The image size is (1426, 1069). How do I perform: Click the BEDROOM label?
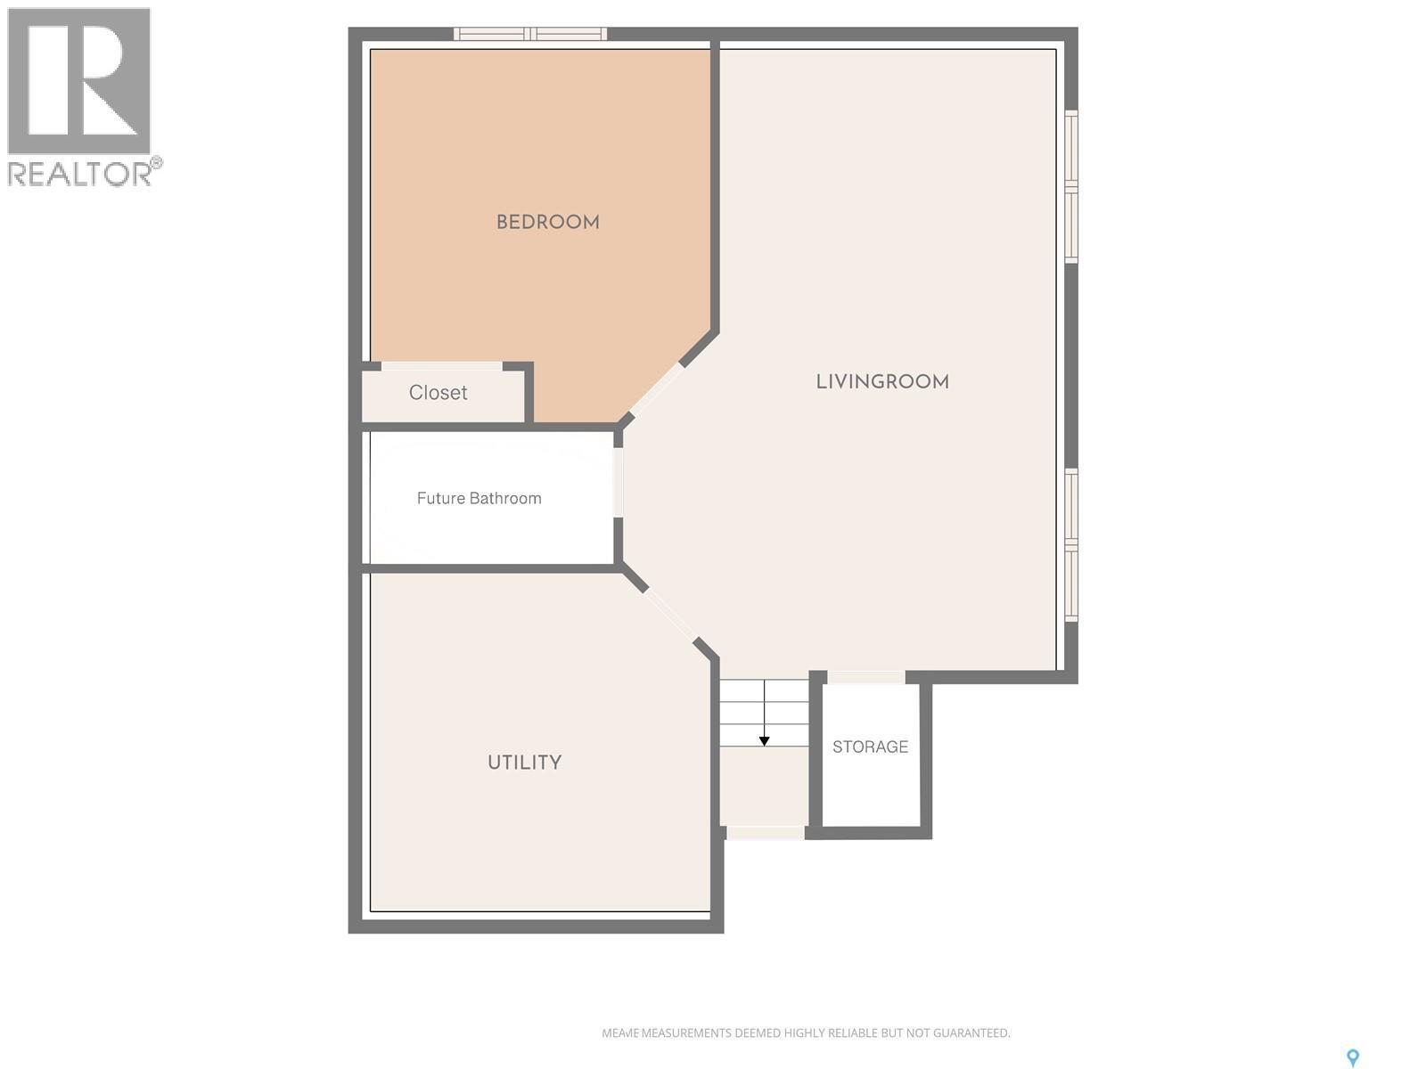pyautogui.click(x=547, y=222)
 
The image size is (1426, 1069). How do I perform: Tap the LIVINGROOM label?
pyautogui.click(x=882, y=381)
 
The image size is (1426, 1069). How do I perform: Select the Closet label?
pyautogui.click(x=438, y=393)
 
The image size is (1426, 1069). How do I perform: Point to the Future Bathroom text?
pyautogui.click(x=479, y=498)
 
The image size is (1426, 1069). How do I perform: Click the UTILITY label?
pyautogui.click(x=524, y=763)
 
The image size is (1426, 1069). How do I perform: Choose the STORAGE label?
pyautogui.click(x=870, y=747)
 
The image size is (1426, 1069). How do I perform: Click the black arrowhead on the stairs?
pyautogui.click(x=764, y=741)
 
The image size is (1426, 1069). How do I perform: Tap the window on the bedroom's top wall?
pyautogui.click(x=530, y=34)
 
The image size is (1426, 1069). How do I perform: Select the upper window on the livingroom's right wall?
pyautogui.click(x=1071, y=187)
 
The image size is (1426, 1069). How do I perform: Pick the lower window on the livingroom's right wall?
pyautogui.click(x=1071, y=544)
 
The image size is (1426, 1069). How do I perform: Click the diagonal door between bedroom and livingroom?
pyautogui.click(x=656, y=389)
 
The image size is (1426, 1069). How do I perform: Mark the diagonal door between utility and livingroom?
pyautogui.click(x=668, y=614)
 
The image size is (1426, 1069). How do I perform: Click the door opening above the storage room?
pyautogui.click(x=865, y=677)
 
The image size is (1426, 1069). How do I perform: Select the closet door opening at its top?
pyautogui.click(x=441, y=366)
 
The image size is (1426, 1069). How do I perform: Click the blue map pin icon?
pyautogui.click(x=1352, y=1057)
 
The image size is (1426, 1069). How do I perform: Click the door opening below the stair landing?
pyautogui.click(x=765, y=833)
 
